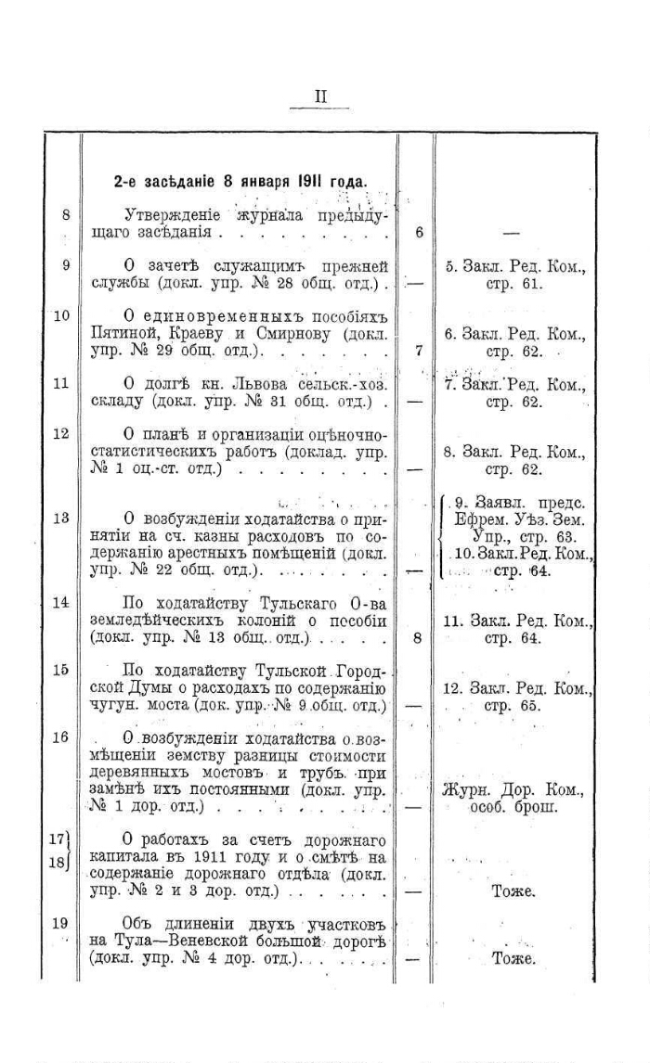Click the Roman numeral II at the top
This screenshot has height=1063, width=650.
point(319,96)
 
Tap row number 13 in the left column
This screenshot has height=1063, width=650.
point(61,519)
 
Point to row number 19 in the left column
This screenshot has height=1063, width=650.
point(61,922)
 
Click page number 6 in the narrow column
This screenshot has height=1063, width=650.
point(419,232)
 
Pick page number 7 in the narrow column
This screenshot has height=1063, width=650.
point(419,351)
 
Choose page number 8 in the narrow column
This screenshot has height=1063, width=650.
point(418,638)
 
